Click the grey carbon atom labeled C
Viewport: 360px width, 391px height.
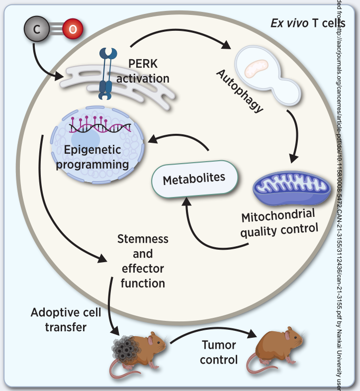(x=36, y=29)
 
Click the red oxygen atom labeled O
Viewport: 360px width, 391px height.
(x=73, y=29)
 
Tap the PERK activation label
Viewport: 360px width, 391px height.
(x=149, y=71)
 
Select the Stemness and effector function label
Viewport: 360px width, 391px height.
(x=143, y=261)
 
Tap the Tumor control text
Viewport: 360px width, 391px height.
(x=220, y=352)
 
